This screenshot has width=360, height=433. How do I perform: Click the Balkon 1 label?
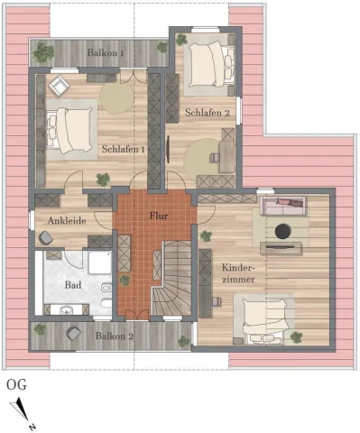point(105,53)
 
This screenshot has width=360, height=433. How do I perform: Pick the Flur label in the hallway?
point(159,216)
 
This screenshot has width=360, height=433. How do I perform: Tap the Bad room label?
point(73,283)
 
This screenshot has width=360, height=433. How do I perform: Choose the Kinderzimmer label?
point(237,273)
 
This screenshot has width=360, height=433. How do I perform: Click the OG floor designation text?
point(16,384)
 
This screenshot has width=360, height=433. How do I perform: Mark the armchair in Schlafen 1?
point(59,86)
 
